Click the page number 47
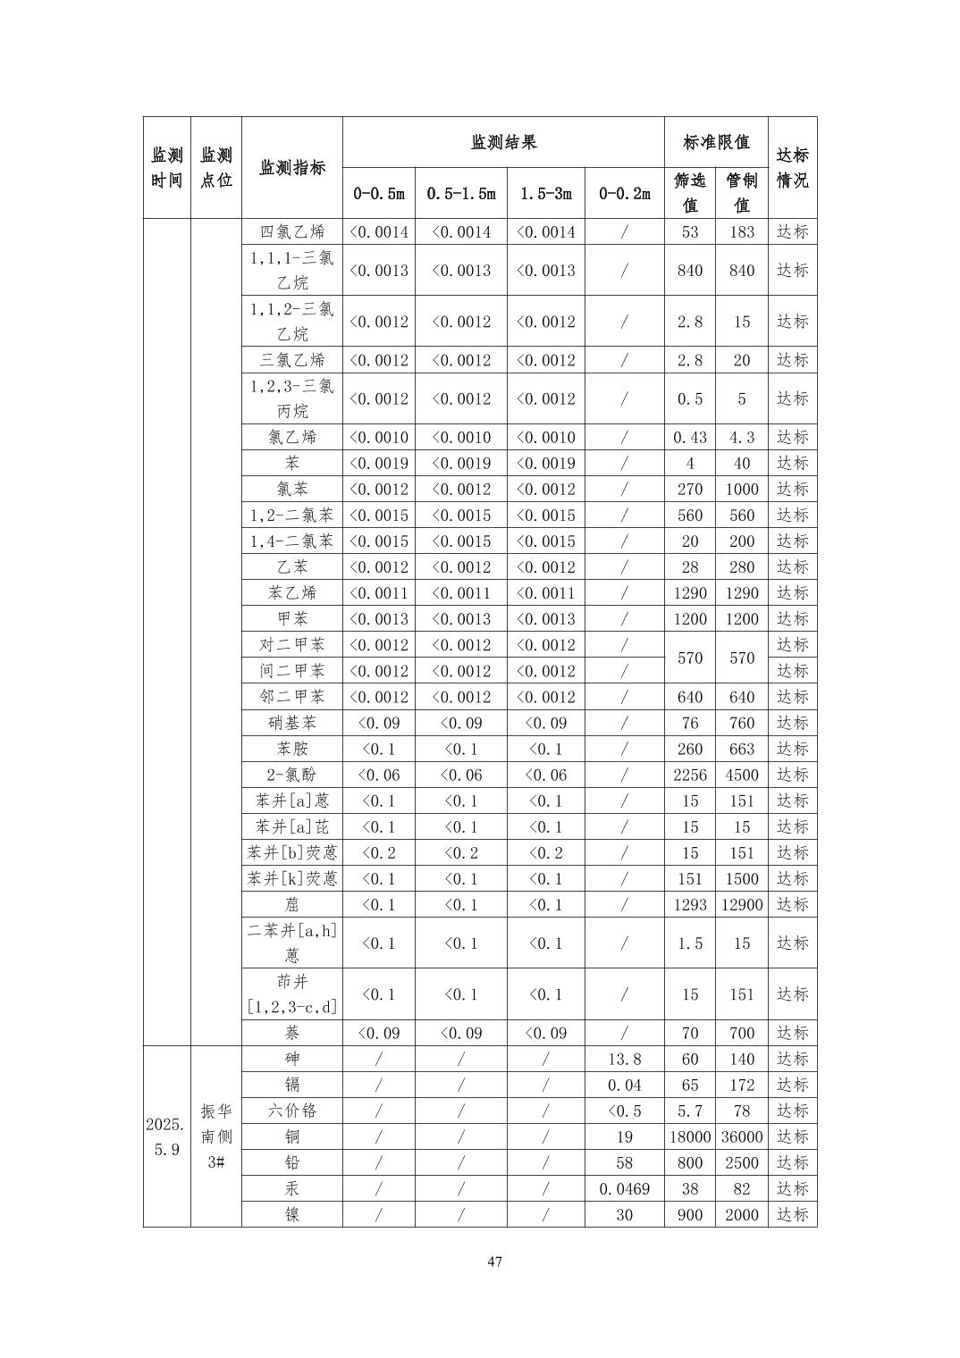click(x=495, y=1262)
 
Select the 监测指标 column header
click(x=292, y=167)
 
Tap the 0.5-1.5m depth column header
click(x=461, y=193)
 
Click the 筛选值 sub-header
click(x=690, y=192)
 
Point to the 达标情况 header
click(x=792, y=167)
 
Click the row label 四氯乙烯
click(x=292, y=231)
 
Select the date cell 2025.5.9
click(x=167, y=1136)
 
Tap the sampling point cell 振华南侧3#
click(x=216, y=1136)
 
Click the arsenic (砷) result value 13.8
click(x=624, y=1059)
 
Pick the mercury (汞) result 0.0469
click(x=624, y=1188)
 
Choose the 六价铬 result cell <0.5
click(x=624, y=1111)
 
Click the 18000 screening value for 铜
click(x=690, y=1136)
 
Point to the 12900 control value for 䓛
click(x=742, y=904)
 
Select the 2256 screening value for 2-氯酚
click(x=690, y=775)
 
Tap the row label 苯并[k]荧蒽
click(x=292, y=878)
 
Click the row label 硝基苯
click(x=292, y=723)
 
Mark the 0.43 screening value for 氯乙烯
click(x=690, y=437)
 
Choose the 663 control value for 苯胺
click(x=742, y=749)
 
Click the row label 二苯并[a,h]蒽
click(x=292, y=943)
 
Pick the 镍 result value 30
click(x=624, y=1214)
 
